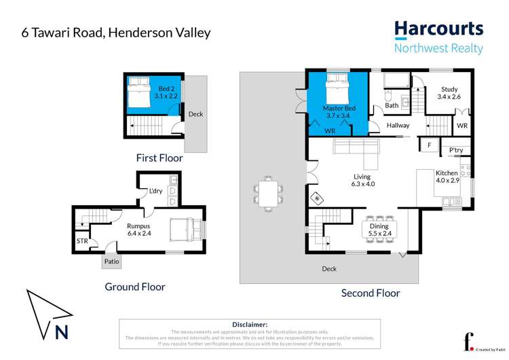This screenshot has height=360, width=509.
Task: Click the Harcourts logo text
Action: (439, 29)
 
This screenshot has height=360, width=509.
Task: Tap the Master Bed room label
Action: (339, 112)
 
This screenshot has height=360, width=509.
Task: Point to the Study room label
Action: (449, 93)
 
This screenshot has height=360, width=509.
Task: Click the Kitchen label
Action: (447, 177)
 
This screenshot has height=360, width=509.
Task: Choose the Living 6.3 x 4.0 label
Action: (362, 180)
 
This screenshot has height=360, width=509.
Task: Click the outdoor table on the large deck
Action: (269, 194)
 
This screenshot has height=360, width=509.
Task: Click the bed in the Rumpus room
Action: (186, 228)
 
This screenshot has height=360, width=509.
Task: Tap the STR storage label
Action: (82, 240)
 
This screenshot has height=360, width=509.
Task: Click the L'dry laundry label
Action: (155, 191)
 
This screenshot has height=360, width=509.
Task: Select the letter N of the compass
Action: (62, 333)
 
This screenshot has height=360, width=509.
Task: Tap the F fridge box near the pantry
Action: (430, 145)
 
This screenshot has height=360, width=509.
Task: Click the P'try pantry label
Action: (455, 151)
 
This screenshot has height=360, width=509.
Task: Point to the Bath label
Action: (392, 105)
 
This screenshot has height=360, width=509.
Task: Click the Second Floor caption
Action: (371, 293)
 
